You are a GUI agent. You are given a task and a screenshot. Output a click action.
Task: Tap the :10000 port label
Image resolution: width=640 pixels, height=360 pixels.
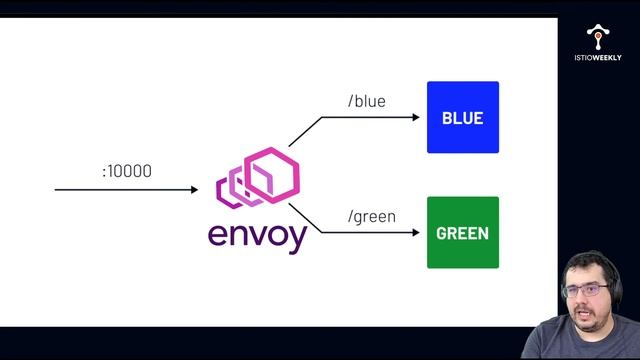(127, 171)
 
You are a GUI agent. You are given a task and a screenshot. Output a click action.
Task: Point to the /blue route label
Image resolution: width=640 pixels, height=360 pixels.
(365, 101)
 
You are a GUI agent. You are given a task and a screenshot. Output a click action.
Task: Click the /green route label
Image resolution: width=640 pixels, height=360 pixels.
(370, 216)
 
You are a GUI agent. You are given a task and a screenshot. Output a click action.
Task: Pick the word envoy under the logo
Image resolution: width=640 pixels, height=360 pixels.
(257, 236)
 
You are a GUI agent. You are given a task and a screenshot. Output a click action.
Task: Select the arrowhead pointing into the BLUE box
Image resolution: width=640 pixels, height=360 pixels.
(415, 117)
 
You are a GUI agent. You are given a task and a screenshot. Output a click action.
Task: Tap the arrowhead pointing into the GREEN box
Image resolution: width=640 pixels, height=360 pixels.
(415, 233)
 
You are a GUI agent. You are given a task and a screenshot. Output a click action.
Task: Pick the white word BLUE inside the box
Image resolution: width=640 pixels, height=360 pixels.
(462, 118)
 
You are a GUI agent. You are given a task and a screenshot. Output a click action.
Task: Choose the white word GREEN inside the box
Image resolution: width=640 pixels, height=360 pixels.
(462, 234)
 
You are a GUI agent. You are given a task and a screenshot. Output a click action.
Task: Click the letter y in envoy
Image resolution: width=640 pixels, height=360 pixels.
(296, 239)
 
